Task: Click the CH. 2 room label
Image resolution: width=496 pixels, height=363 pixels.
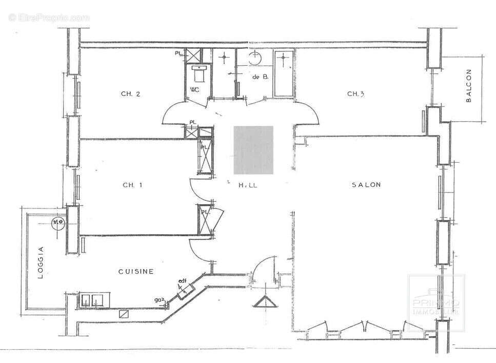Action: pyautogui.click(x=130, y=93)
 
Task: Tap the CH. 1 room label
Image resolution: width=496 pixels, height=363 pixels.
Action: pyautogui.click(x=132, y=185)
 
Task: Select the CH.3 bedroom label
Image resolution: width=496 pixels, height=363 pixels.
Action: pyautogui.click(x=355, y=93)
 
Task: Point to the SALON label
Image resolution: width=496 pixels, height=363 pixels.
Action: pyautogui.click(x=366, y=185)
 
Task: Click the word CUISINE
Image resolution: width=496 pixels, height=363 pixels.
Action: pyautogui.click(x=136, y=272)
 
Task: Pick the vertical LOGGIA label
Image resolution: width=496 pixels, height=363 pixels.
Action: pyautogui.click(x=42, y=262)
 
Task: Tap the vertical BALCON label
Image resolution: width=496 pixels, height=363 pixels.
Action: pyautogui.click(x=468, y=86)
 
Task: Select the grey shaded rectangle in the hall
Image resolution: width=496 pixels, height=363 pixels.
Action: pyautogui.click(x=253, y=149)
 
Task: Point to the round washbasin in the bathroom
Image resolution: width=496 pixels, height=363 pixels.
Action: pyautogui.click(x=255, y=58)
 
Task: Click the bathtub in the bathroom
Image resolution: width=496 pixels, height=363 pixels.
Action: pyautogui.click(x=284, y=73)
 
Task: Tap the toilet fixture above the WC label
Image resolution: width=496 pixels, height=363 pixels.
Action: pyautogui.click(x=198, y=74)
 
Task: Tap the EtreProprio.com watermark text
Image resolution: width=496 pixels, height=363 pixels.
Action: pyautogui.click(x=49, y=17)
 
